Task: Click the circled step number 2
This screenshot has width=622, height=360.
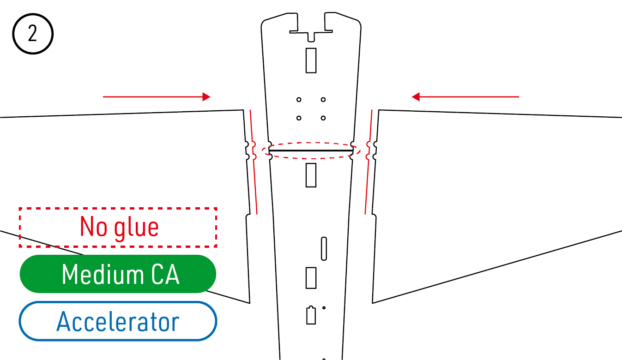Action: click(33, 35)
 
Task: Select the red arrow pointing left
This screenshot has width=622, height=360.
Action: click(465, 97)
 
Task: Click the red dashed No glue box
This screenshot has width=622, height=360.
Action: click(118, 227)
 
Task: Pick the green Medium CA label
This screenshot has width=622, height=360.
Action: click(118, 274)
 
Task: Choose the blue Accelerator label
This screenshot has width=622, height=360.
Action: click(118, 321)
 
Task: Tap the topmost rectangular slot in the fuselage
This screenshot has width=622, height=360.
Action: click(311, 60)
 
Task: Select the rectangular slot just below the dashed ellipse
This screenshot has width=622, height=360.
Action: click(311, 174)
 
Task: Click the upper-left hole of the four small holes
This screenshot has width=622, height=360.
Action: click(299, 100)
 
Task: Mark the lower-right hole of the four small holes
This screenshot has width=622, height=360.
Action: click(323, 118)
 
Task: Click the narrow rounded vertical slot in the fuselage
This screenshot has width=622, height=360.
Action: click(324, 248)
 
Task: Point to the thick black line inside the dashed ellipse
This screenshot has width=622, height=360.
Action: click(311, 150)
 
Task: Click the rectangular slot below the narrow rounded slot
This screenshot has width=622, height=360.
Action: click(311, 277)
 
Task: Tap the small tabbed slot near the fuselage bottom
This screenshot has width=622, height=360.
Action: click(311, 315)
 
